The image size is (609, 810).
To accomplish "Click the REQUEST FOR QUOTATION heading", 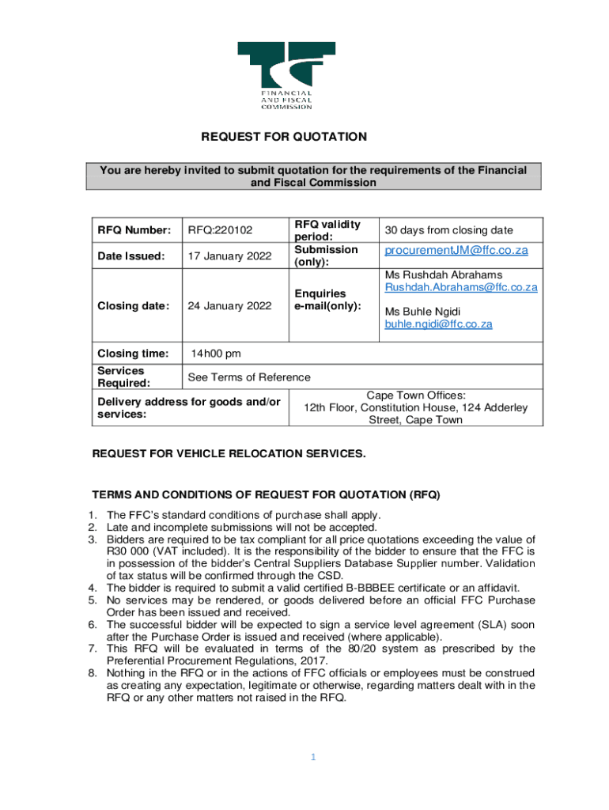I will pos(284,137).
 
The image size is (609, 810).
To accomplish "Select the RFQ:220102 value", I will pos(221,230).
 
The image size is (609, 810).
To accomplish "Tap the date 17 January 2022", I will pos(229,255).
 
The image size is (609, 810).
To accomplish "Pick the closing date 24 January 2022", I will pos(229,305).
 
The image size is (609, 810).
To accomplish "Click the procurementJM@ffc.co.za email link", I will pos(456,251).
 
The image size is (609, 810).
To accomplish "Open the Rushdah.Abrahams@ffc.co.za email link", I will pos(461,287).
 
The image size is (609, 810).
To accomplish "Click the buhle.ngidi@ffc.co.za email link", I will pos(438,324).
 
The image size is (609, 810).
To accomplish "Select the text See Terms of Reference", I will pos(248,377).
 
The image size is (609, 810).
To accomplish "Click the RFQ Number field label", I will pos(134,230).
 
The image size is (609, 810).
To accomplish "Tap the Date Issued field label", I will pos(131,255).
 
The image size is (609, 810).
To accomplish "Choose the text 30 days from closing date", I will pos(448,230).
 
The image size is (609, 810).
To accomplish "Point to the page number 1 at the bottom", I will pos(313,757).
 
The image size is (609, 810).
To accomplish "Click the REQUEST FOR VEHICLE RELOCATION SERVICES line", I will pos(229,453).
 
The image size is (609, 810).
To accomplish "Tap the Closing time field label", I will pos(133,353).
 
